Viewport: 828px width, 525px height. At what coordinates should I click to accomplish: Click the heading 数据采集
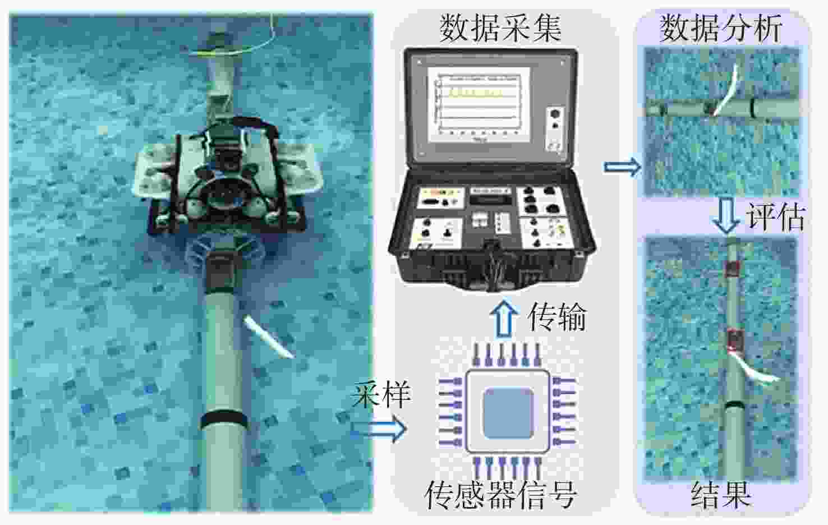click(x=500, y=29)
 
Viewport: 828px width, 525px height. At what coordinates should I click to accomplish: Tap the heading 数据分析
click(x=720, y=29)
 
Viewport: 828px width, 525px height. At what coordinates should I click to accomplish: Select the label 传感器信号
click(x=502, y=495)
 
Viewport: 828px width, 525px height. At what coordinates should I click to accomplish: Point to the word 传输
click(x=558, y=317)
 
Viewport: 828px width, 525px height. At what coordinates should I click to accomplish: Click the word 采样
click(x=381, y=394)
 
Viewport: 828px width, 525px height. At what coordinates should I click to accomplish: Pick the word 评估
click(x=775, y=217)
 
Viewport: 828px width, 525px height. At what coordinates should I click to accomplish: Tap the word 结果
click(x=721, y=495)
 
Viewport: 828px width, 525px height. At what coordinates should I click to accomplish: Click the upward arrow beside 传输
click(x=504, y=319)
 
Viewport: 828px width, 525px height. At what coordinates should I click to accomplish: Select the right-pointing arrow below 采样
click(x=379, y=429)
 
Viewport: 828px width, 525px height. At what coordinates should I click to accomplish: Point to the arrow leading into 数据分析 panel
click(x=623, y=167)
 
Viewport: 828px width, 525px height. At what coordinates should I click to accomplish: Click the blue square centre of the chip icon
click(x=509, y=413)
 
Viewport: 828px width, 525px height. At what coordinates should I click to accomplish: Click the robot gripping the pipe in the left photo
click(x=227, y=177)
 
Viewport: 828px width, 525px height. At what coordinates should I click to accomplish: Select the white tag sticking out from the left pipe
click(x=268, y=337)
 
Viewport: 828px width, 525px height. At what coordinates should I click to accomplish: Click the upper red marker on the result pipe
click(x=731, y=269)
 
